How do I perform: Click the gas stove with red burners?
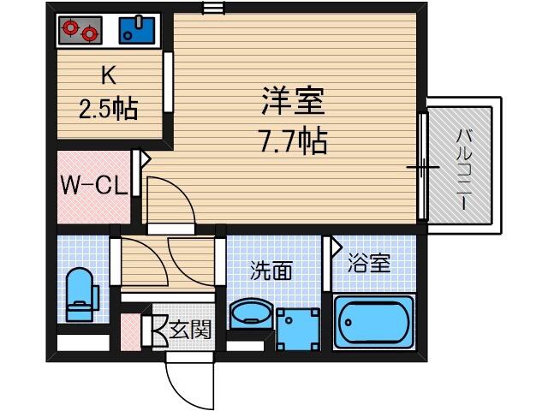pyautogui.click(x=80, y=30)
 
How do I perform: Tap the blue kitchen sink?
pyautogui.click(x=137, y=30)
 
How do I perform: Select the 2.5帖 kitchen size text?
pyautogui.click(x=108, y=109)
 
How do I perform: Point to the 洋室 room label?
pyautogui.click(x=293, y=101)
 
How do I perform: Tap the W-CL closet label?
pyautogui.click(x=93, y=186)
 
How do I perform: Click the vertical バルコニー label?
pyautogui.click(x=464, y=169)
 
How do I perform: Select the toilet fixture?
pyautogui.click(x=82, y=295)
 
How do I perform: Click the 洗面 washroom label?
pyautogui.click(x=271, y=271)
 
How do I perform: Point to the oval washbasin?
pyautogui.click(x=251, y=313)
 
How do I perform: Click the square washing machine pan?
pyautogui.click(x=298, y=329)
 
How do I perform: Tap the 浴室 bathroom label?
pyautogui.click(x=369, y=263)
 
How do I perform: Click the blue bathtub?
pyautogui.click(x=373, y=322)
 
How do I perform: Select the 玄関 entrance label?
pyautogui.click(x=190, y=330)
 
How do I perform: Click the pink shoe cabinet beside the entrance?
pyautogui.click(x=131, y=332)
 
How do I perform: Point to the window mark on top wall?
pyautogui.click(x=213, y=8)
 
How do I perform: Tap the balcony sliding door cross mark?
pyautogui.click(x=423, y=167)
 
